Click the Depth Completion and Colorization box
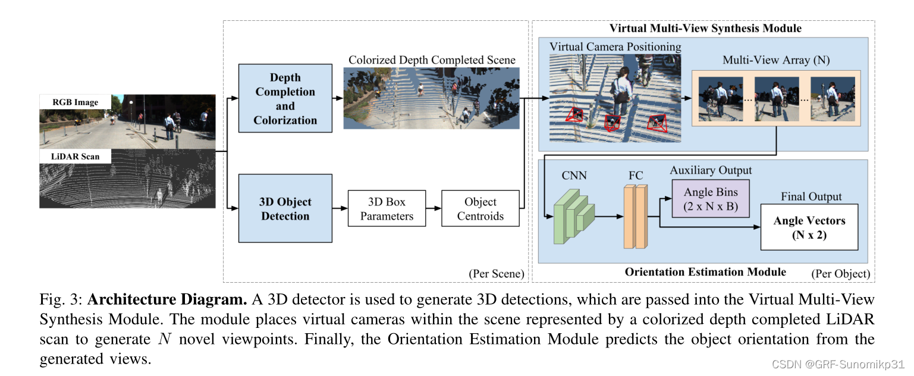[x=285, y=99]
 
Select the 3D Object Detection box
[x=285, y=208]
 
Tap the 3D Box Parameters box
[x=387, y=208]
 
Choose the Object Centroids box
[x=480, y=208]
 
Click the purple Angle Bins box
[x=711, y=199]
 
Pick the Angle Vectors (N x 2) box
[x=809, y=227]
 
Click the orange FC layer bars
[x=635, y=216]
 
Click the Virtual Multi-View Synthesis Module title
[x=705, y=29]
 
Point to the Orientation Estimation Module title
[x=705, y=272]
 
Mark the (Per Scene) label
[x=496, y=274]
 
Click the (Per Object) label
[x=840, y=274]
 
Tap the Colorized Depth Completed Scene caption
[x=432, y=60]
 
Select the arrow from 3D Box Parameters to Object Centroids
[x=434, y=208]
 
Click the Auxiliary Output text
[x=711, y=170]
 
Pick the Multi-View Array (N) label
[x=776, y=60]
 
